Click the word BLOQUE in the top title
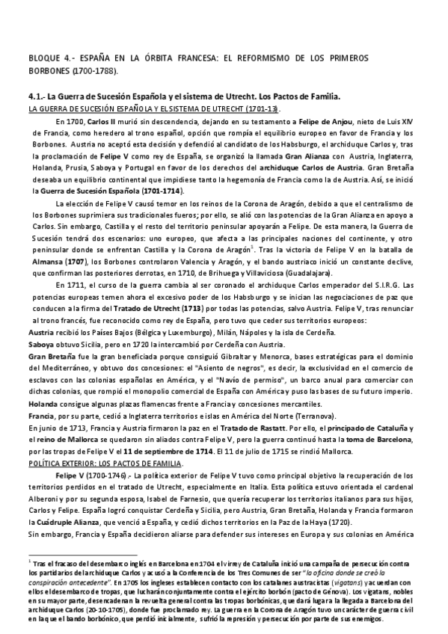[x=43, y=56]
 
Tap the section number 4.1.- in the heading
[x=35, y=97]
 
